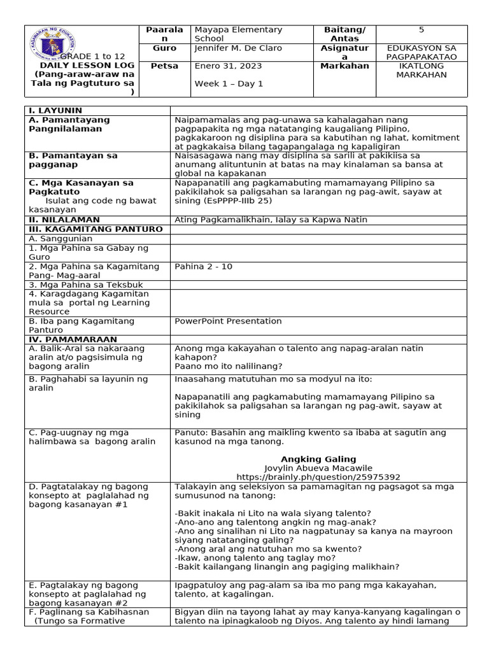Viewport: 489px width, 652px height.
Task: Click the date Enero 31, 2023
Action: tap(219, 66)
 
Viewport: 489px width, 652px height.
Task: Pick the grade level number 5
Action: tap(421, 30)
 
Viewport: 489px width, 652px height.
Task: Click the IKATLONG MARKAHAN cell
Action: tap(421, 71)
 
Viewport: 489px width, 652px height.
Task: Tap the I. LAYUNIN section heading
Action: tap(55, 111)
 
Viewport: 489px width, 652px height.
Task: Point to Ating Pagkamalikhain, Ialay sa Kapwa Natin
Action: tap(271, 220)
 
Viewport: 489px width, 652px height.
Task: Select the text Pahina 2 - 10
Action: tap(203, 267)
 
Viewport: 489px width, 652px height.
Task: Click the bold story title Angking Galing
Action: tap(318, 459)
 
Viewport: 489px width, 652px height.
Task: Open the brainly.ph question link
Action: tap(318, 477)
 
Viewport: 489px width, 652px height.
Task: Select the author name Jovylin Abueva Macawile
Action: tap(318, 468)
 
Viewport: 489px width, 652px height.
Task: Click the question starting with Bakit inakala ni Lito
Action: tap(273, 513)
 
